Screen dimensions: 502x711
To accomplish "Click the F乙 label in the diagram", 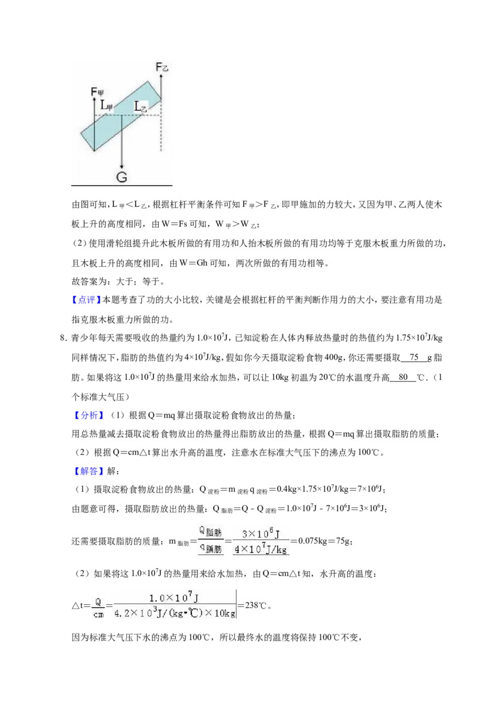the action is point(161,68).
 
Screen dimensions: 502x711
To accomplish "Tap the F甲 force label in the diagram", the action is point(97,92).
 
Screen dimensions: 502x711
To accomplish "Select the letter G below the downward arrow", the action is point(122,177).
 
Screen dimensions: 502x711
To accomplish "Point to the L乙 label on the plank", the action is point(141,107).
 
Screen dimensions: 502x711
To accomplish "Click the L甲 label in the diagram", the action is point(107,106).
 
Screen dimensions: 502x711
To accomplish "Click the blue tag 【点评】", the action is point(85,300).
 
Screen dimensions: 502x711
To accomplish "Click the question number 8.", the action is point(63,339).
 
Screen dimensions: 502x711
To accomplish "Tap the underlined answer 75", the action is point(414,357).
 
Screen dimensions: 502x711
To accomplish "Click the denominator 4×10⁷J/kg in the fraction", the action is point(260,549).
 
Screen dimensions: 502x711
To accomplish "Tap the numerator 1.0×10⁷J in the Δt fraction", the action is point(174,598).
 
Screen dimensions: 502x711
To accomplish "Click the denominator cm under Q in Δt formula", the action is point(99,614).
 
